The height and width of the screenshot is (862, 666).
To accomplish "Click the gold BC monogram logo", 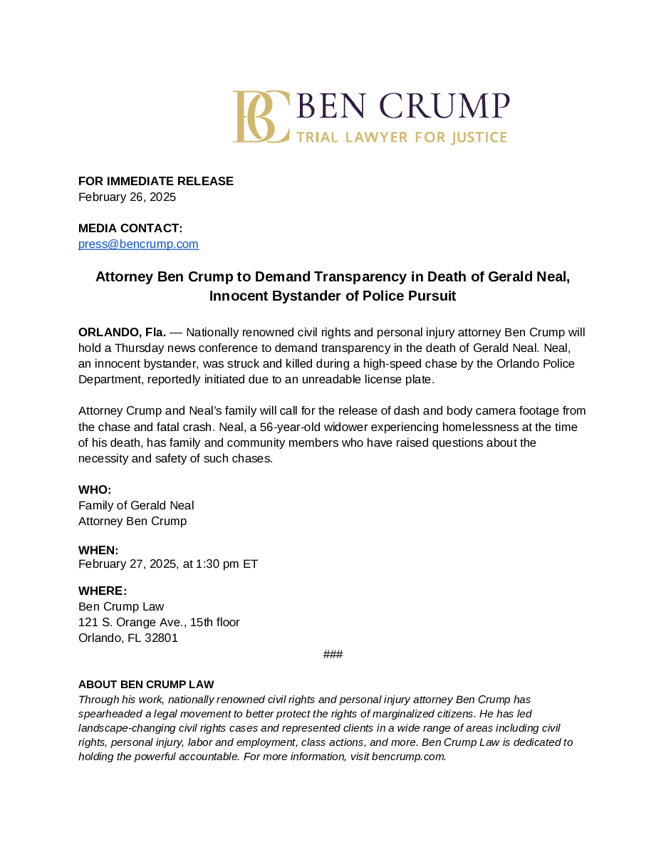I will point(260,117).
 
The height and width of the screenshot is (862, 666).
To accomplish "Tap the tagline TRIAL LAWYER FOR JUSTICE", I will point(402,137).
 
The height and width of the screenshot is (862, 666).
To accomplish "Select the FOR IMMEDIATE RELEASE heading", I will point(156,181).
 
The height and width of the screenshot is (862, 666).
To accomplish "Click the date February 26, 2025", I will point(127,197).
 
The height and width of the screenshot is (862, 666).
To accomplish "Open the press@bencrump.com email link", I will point(138,244).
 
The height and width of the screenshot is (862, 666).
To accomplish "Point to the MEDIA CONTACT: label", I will point(130,228).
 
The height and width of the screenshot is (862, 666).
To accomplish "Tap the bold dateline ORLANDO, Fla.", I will point(122,332).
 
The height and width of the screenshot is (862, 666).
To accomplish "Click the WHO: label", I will point(95,489).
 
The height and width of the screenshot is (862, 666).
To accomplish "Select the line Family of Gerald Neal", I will point(136,505).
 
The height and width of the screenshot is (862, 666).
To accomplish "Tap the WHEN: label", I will point(98,550).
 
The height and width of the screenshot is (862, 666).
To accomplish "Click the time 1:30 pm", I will point(217,564).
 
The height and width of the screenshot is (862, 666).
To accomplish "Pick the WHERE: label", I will point(103,591).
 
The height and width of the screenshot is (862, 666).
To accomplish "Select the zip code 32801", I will point(162,638).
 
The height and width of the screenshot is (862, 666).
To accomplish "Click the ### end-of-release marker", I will point(333,655).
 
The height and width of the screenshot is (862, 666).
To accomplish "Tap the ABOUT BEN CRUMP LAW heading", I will point(146,685).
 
